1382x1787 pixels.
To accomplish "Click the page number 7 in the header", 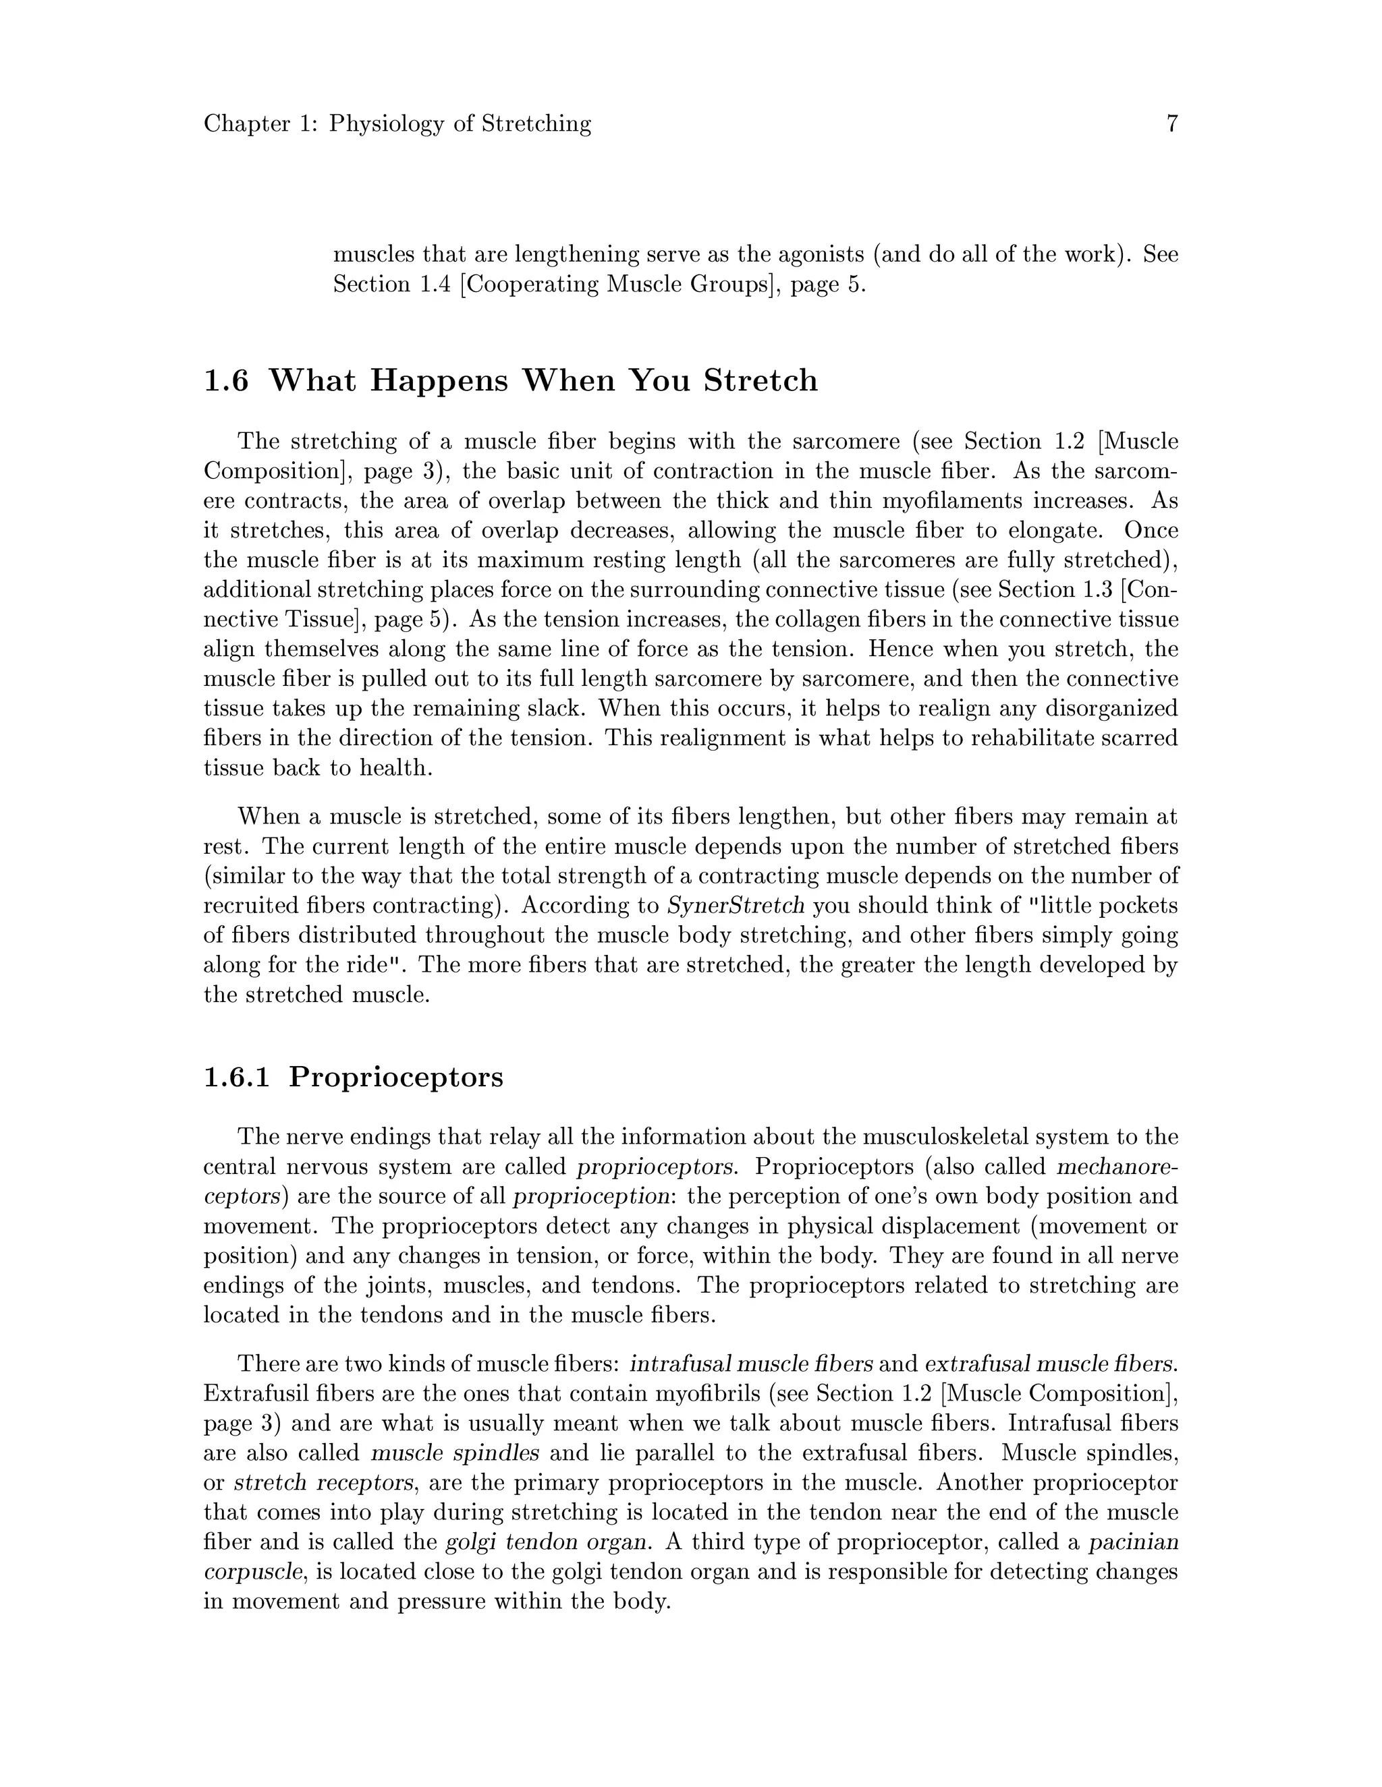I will (1171, 123).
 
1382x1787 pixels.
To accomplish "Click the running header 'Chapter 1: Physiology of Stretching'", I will (397, 123).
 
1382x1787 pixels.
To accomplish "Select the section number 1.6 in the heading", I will (226, 380).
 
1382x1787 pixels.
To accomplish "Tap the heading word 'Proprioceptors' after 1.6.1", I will (395, 1077).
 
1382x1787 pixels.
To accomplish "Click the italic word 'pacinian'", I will (1133, 1542).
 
